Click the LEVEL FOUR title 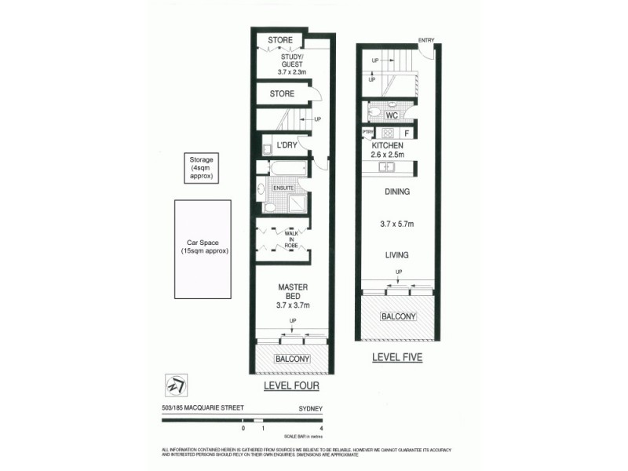pos(291,387)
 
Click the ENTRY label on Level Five pos(426,40)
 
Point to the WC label pos(394,115)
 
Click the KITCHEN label pos(388,146)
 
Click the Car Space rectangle pos(203,250)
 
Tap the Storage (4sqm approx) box pos(196,168)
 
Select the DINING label pos(397,192)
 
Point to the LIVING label pos(397,255)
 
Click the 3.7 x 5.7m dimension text pos(397,224)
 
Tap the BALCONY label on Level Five pos(397,316)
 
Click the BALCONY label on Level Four pos(293,360)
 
